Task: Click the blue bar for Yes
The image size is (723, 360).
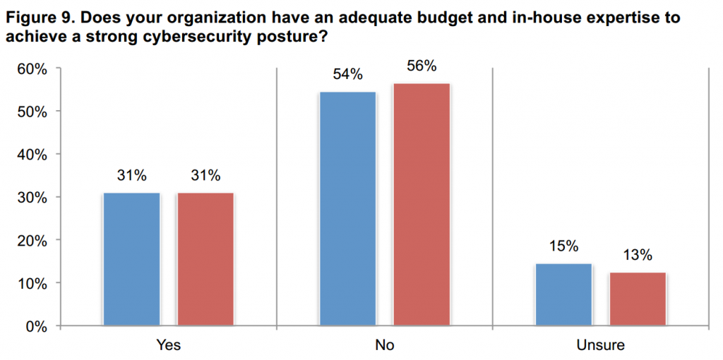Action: [132, 259]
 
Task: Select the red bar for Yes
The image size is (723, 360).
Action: [205, 259]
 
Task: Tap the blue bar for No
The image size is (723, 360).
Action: [348, 209]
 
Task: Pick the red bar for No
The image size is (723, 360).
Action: [422, 205]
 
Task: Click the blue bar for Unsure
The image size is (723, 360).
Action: [563, 294]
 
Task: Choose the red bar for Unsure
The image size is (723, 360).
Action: [638, 299]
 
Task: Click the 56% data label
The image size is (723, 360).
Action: [422, 66]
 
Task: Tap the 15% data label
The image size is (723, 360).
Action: [563, 246]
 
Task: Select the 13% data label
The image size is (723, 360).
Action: [638, 255]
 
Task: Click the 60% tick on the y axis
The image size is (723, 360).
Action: [32, 68]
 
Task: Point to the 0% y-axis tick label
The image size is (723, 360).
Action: [36, 326]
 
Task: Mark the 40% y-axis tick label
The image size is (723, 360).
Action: [32, 155]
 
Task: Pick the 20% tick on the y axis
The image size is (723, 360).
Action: [32, 240]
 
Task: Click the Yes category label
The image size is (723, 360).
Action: [169, 346]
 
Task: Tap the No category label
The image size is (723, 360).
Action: [385, 346]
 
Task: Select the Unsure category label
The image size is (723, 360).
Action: [601, 346]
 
